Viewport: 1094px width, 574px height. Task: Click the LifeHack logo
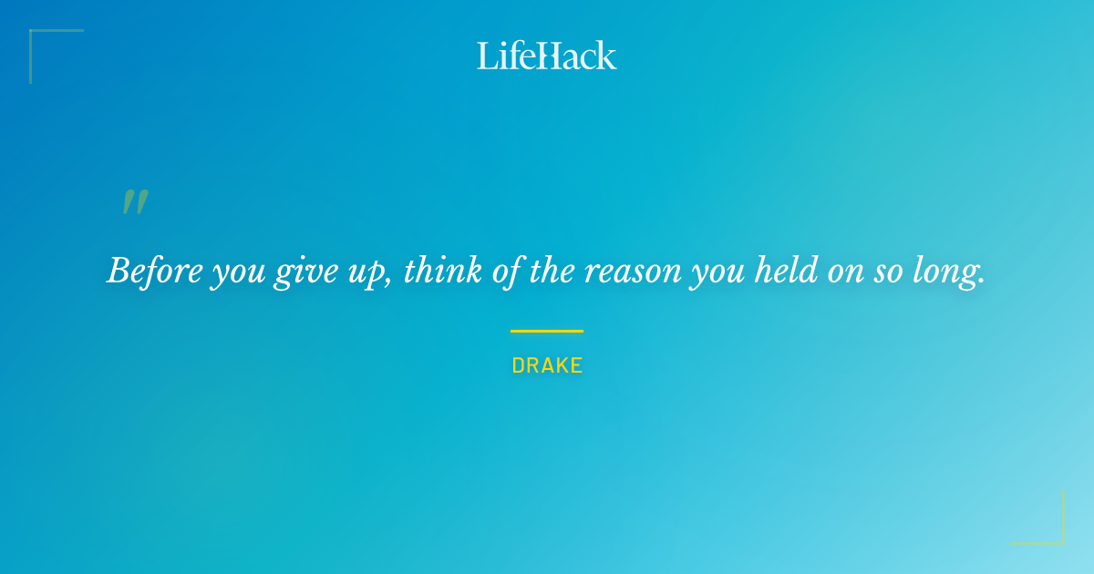(x=546, y=56)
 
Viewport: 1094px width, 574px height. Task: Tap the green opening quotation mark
(x=135, y=202)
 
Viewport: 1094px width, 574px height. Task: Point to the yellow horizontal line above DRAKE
(x=546, y=331)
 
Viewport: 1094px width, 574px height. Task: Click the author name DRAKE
(x=547, y=365)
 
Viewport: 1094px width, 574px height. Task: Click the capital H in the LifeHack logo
(x=547, y=56)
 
